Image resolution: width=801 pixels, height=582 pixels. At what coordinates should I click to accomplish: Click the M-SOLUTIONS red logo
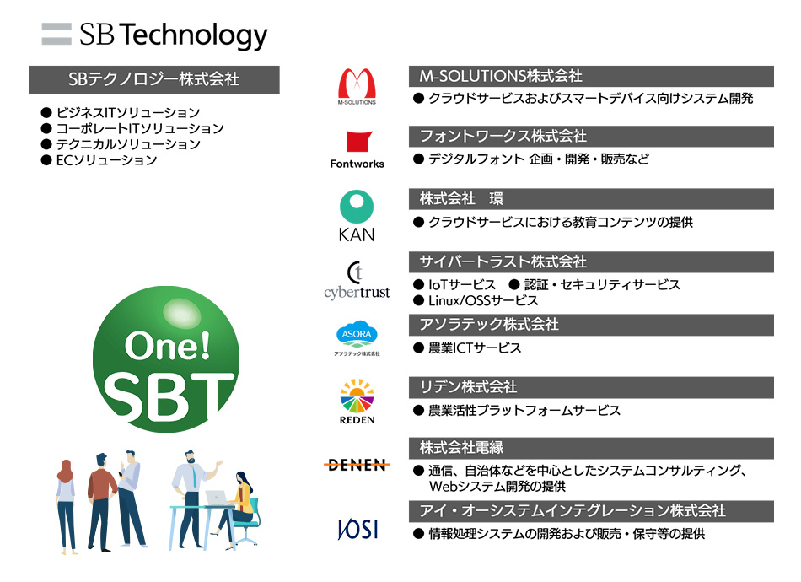click(x=357, y=85)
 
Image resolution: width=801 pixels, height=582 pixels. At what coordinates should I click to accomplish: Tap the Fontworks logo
click(x=357, y=149)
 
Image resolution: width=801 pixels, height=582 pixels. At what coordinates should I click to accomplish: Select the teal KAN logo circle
click(x=357, y=207)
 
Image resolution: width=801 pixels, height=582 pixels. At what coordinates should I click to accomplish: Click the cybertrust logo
click(x=357, y=280)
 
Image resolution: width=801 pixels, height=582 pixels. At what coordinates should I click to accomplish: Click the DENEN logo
click(x=357, y=465)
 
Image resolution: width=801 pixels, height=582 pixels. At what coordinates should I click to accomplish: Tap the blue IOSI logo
click(x=357, y=529)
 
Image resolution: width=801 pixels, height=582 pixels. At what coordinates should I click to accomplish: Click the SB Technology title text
click(x=173, y=35)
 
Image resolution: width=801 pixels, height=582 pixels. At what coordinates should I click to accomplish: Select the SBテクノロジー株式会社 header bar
click(x=153, y=80)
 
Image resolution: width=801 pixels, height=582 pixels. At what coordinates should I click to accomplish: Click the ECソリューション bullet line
click(x=99, y=160)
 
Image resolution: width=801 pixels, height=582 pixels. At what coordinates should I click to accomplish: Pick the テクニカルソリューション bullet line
click(x=121, y=144)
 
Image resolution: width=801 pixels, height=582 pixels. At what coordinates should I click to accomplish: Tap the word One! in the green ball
click(x=167, y=346)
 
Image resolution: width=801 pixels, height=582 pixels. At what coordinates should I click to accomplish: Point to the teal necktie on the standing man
click(x=194, y=477)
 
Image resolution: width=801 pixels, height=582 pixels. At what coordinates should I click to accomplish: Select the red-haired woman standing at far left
click(x=67, y=507)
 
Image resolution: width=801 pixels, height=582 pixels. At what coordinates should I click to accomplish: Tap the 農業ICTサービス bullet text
click(x=467, y=348)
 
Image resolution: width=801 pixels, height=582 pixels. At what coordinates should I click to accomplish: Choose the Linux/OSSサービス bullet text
click(x=476, y=300)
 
